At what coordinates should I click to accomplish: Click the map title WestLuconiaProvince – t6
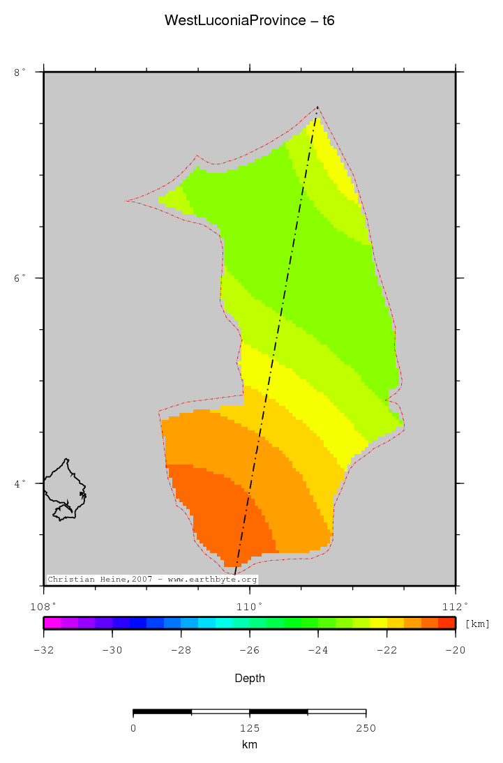[x=250, y=20]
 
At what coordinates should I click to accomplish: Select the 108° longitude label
[x=43, y=605]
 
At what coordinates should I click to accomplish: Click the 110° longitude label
[x=250, y=605]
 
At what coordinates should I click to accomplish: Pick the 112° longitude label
[x=456, y=605]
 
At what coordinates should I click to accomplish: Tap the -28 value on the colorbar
[x=181, y=650]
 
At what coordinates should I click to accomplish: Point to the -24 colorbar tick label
[x=318, y=650]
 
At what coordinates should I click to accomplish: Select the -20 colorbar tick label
[x=456, y=650]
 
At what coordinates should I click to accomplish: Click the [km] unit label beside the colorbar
[x=477, y=624]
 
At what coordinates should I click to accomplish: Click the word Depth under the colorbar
[x=250, y=678]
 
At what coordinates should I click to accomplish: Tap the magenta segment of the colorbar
[x=52, y=623]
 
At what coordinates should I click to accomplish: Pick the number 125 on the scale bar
[x=250, y=728]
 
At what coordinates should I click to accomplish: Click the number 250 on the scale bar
[x=366, y=728]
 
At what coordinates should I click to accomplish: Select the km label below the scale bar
[x=250, y=745]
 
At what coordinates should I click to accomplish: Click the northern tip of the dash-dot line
[x=317, y=108]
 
